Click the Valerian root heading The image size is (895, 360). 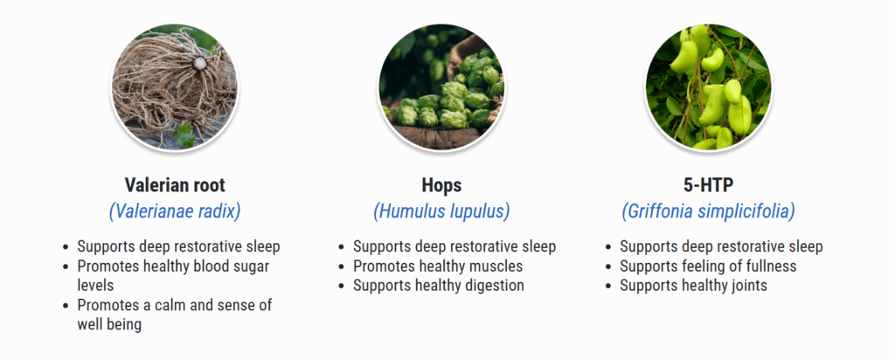tap(175, 185)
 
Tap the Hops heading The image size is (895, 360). tap(441, 185)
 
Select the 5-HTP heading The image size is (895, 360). tap(708, 185)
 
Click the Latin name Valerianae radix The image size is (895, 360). tap(175, 211)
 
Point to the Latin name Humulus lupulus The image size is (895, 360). tap(441, 211)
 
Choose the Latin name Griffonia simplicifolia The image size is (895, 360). tap(708, 211)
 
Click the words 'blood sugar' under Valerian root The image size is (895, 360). tap(227, 267)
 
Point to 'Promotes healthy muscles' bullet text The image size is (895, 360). tap(438, 267)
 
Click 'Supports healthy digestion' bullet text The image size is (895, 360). tap(439, 286)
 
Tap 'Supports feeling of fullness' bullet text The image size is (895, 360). tap(708, 267)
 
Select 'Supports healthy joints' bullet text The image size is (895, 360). tap(693, 286)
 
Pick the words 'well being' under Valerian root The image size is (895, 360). tap(109, 325)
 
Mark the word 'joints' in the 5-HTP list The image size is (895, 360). tap(747, 286)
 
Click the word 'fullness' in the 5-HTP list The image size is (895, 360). tap(770, 267)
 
